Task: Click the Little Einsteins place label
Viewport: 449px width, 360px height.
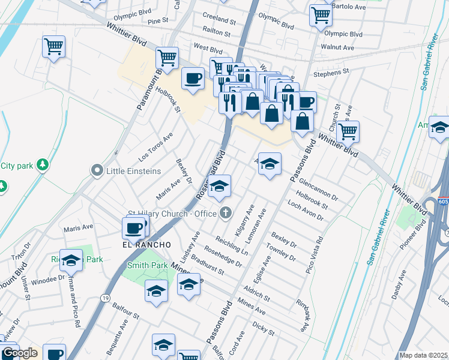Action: click(133, 171)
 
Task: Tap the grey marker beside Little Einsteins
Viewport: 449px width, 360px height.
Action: click(97, 171)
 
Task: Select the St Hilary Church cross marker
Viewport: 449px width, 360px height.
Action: click(226, 212)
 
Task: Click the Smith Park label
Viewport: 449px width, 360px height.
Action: click(147, 265)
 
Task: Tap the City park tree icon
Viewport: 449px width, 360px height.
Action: click(42, 164)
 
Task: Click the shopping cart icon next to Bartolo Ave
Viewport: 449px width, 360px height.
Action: click(321, 14)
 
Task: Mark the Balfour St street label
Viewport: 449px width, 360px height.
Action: click(125, 311)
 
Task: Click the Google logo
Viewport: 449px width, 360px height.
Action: click(20, 353)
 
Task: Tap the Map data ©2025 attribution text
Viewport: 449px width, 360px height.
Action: click(423, 355)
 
